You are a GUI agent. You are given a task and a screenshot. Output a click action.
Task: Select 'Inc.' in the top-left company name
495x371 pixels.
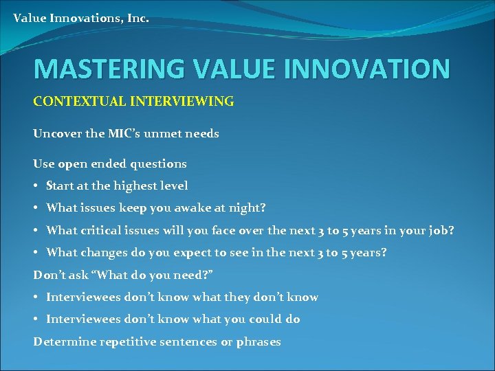[x=137, y=18]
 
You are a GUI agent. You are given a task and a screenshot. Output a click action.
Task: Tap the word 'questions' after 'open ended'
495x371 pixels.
[x=159, y=164]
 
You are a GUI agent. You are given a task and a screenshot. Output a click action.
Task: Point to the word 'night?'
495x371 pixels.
[x=248, y=208]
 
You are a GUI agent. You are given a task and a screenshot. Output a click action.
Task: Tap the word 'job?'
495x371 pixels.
[x=440, y=231]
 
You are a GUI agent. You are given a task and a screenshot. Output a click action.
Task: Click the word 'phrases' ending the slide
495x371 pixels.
[x=258, y=342]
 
